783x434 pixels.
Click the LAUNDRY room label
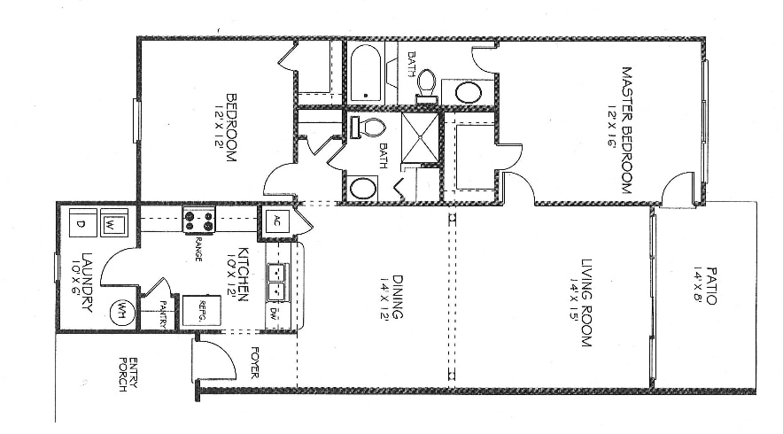pyautogui.click(x=87, y=282)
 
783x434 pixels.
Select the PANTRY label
pyautogui.click(x=163, y=314)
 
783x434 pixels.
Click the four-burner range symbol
pyautogui.click(x=199, y=220)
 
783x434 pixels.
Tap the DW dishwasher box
pyautogui.click(x=273, y=313)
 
